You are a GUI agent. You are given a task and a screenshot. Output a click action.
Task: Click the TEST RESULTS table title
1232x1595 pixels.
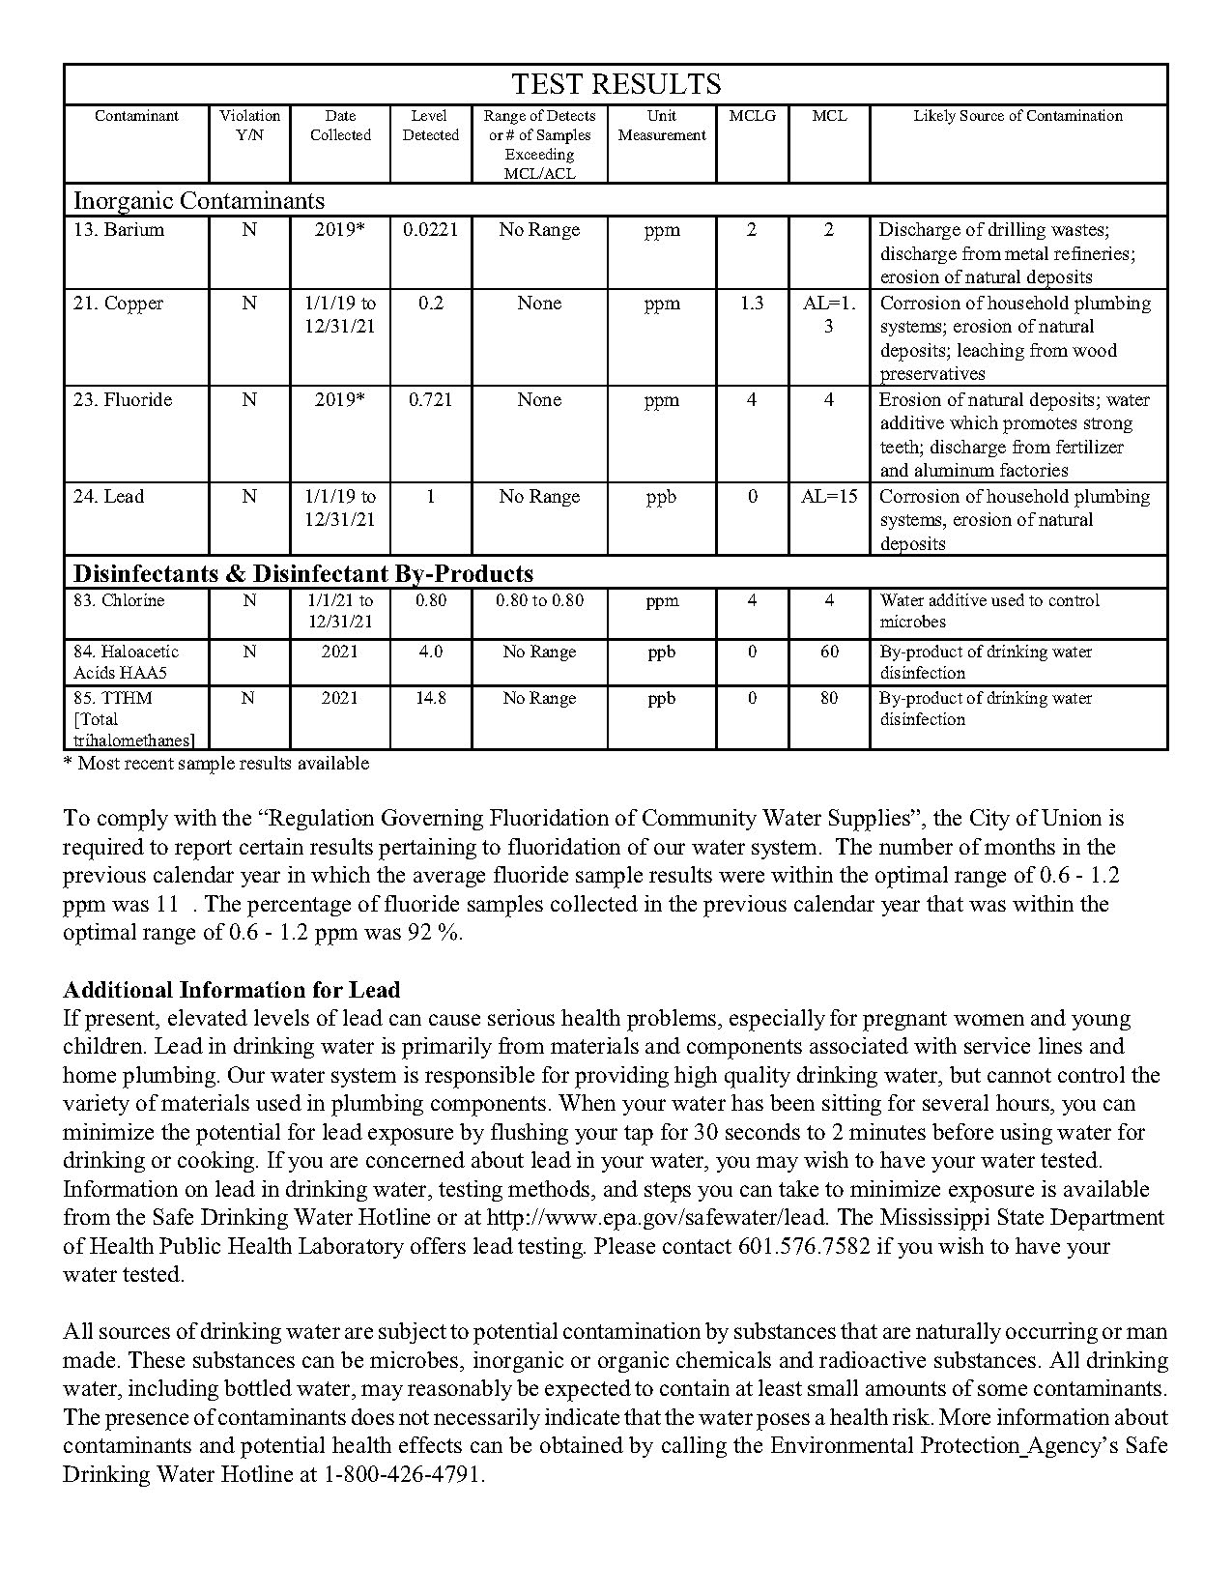click(x=616, y=84)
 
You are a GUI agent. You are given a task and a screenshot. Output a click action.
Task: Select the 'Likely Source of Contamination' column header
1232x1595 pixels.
click(x=1017, y=116)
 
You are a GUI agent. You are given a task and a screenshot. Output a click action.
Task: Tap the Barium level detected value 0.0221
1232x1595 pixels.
click(x=430, y=230)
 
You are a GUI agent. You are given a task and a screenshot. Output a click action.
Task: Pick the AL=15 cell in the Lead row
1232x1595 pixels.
click(x=829, y=497)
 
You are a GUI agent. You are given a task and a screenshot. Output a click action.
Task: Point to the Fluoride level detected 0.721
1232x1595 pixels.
click(x=430, y=400)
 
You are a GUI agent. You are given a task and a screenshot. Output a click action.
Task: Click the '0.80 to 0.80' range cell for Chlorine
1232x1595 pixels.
click(x=539, y=600)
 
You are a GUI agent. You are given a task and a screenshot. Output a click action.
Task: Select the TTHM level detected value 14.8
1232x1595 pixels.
click(x=430, y=698)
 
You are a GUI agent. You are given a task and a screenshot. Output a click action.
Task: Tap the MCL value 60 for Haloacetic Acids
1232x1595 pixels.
click(x=829, y=652)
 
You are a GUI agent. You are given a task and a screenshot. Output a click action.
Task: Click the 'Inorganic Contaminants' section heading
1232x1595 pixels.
click(x=199, y=201)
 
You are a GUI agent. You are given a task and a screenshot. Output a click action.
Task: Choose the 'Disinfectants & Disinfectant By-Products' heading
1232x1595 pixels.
click(x=303, y=573)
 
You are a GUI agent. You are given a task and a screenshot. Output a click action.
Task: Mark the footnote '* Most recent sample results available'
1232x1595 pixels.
click(x=215, y=764)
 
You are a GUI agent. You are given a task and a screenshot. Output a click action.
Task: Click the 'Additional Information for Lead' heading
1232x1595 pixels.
click(x=231, y=990)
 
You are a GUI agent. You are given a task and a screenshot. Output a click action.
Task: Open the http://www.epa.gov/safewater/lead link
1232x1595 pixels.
click(x=656, y=1217)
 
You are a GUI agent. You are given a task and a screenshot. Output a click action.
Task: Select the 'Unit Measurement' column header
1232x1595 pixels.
click(x=662, y=126)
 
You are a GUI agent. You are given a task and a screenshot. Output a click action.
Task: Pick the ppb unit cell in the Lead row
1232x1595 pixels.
click(x=662, y=497)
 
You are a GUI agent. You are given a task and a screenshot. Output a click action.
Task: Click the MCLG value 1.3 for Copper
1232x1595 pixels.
click(x=752, y=304)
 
